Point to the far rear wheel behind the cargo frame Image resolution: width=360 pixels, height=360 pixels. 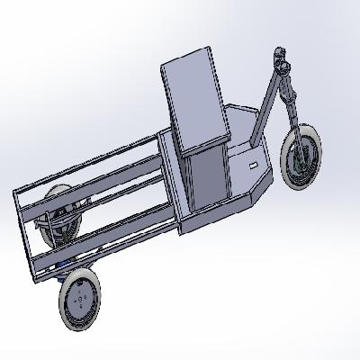pyautogui.click(x=59, y=216)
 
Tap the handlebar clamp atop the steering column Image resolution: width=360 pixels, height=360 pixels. pyautogui.click(x=283, y=62)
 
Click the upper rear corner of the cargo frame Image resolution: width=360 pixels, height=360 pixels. pyautogui.click(x=17, y=193)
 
